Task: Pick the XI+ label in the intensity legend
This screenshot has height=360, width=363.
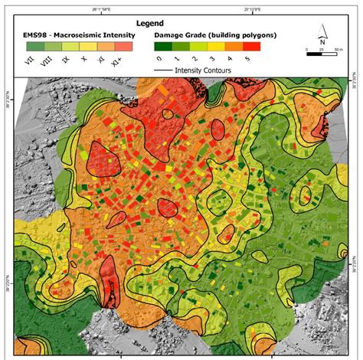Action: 116,61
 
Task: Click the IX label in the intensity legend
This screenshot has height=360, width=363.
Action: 66,60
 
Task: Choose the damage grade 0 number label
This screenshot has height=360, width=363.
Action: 158,58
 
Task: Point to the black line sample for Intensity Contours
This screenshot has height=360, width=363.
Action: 167,70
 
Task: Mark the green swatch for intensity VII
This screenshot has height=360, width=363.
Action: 31,46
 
